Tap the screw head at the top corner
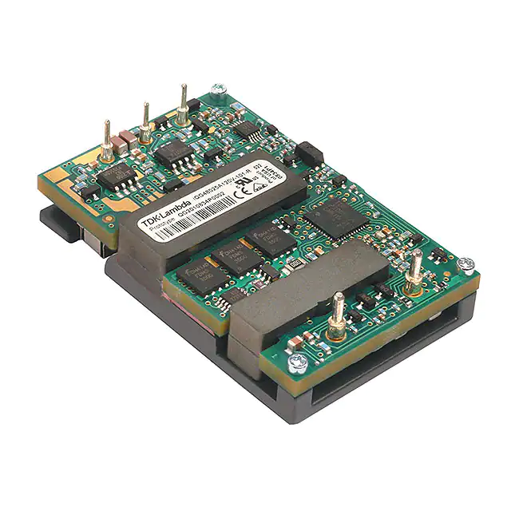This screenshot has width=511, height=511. [x=216, y=93]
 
